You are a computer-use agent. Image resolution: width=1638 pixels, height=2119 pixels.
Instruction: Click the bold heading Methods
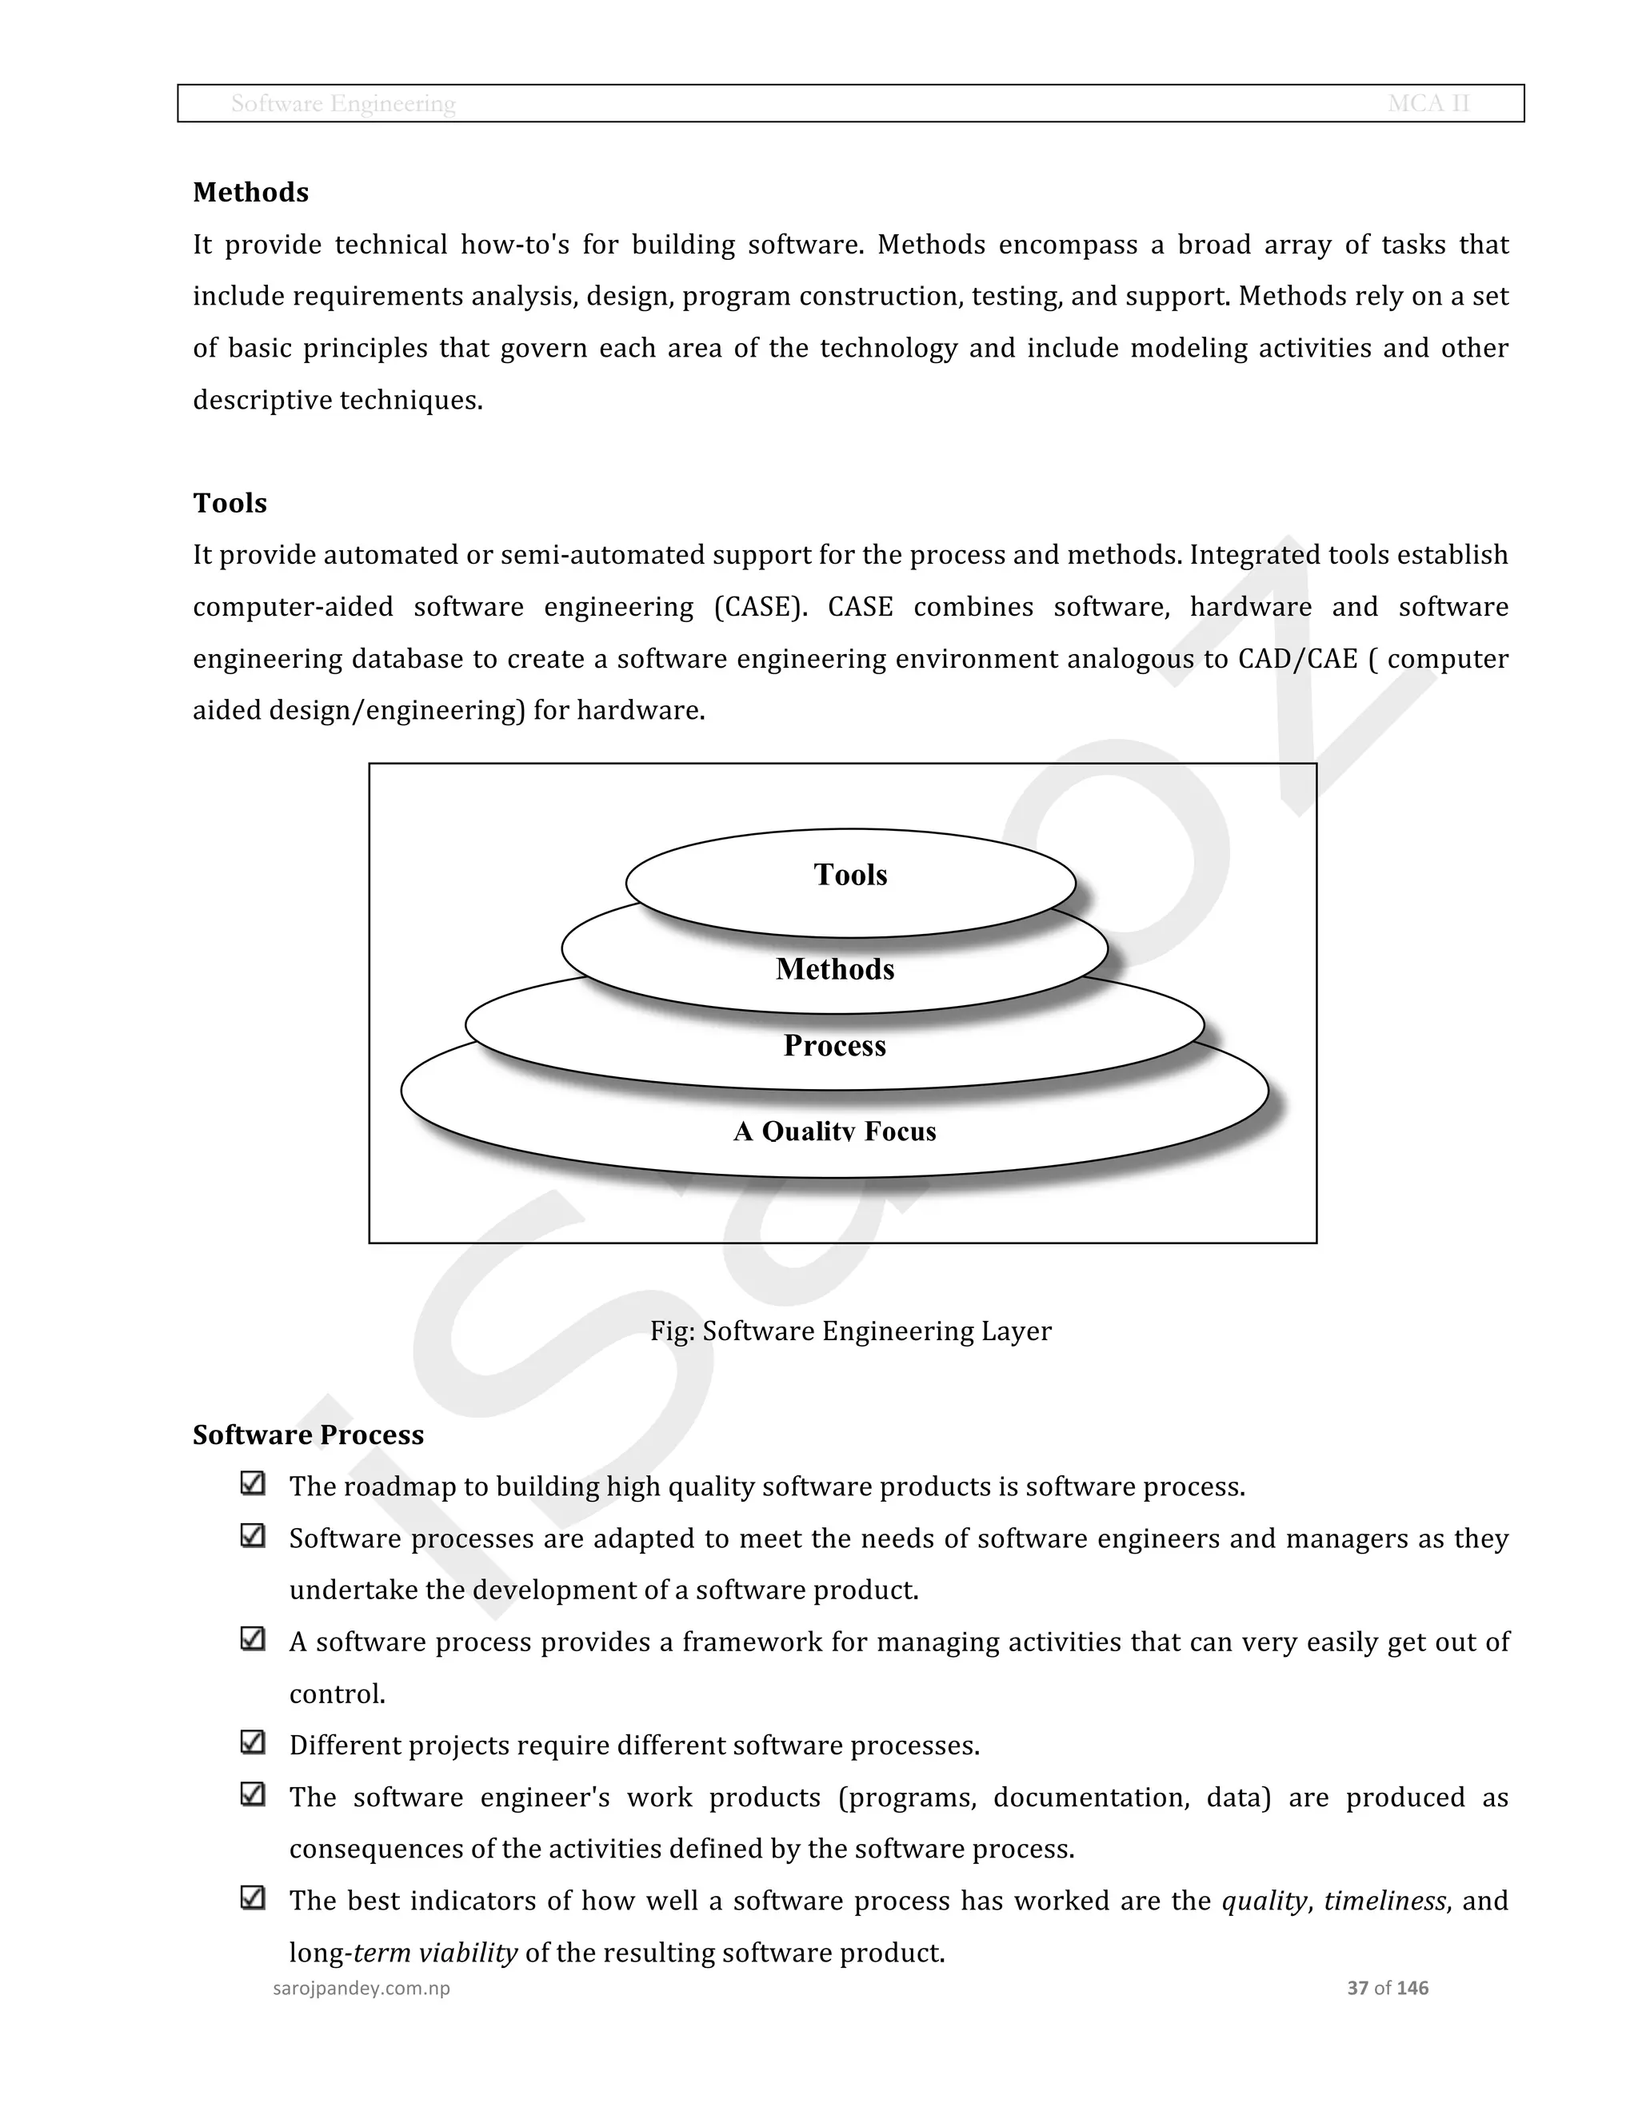pos(250,192)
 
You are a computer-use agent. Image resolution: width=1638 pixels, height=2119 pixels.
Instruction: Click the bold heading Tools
pos(230,503)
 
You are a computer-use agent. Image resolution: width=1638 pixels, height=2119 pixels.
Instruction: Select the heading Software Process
pos(308,1434)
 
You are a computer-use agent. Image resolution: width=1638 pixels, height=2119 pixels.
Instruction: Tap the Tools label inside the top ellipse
pos(850,874)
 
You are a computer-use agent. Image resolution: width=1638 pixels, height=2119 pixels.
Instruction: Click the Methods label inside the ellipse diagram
pos(834,968)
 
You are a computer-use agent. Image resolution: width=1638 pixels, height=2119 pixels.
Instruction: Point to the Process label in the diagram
pos(834,1045)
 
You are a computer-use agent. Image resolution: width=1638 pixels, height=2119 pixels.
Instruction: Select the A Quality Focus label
pos(834,1131)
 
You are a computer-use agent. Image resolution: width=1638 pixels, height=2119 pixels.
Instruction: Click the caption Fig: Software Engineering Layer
pos(850,1331)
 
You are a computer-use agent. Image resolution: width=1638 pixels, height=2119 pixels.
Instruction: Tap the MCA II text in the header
pos(1428,103)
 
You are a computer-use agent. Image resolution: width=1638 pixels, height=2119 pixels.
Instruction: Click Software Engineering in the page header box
pos(343,103)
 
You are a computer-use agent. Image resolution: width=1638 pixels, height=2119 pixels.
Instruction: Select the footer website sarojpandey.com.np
pos(361,1988)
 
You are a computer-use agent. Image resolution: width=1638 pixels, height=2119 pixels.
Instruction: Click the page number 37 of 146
pos(1388,1988)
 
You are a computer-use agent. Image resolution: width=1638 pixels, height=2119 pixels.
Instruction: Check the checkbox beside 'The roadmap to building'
pos(252,1483)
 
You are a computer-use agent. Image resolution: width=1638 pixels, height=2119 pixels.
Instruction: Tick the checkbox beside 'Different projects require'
pos(252,1742)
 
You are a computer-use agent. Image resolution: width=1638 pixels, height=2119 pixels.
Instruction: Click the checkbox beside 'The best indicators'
pos(252,1898)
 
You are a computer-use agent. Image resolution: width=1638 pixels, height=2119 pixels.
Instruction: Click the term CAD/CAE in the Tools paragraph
pos(1297,659)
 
